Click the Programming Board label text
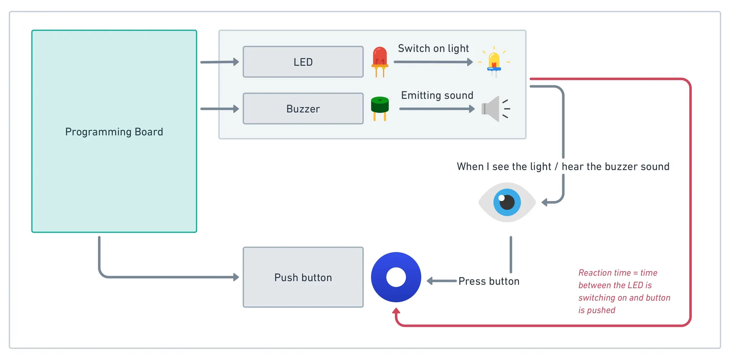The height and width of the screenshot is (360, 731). point(114,132)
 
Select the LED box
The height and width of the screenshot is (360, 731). point(303,62)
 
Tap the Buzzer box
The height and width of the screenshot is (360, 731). point(303,108)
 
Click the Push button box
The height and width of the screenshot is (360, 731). point(303,277)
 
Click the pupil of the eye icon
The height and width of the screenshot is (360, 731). point(507,202)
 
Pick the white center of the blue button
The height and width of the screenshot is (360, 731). point(396,277)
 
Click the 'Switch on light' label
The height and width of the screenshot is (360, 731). point(433,49)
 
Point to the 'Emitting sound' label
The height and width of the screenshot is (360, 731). point(437,95)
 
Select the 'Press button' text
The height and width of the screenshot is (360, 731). point(489,281)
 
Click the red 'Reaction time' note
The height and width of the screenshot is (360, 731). point(624,291)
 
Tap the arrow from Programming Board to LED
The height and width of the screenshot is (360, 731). point(220,62)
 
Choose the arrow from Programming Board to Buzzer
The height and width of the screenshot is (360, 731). point(220,108)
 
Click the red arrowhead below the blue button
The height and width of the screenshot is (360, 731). point(396,311)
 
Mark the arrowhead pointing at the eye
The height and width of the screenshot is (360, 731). point(545,202)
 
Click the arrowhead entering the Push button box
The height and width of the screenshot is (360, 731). point(236,277)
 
